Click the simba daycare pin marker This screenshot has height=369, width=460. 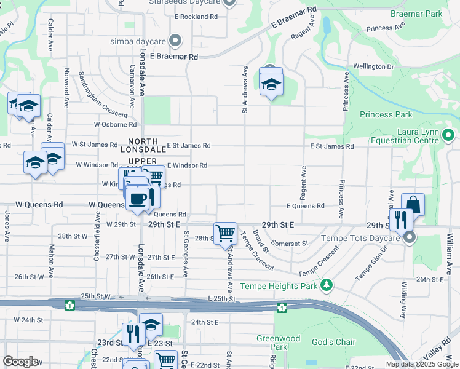tap(175, 41)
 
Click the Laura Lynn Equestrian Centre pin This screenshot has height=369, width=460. tap(448, 135)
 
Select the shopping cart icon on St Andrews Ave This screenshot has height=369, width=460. tap(226, 233)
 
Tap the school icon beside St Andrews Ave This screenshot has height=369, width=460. tap(271, 84)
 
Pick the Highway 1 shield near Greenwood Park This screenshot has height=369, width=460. tap(281, 307)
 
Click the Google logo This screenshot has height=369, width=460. tap(20, 362)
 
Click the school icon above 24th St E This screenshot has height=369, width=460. tap(151, 325)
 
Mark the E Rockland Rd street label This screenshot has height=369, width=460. tap(196, 17)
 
